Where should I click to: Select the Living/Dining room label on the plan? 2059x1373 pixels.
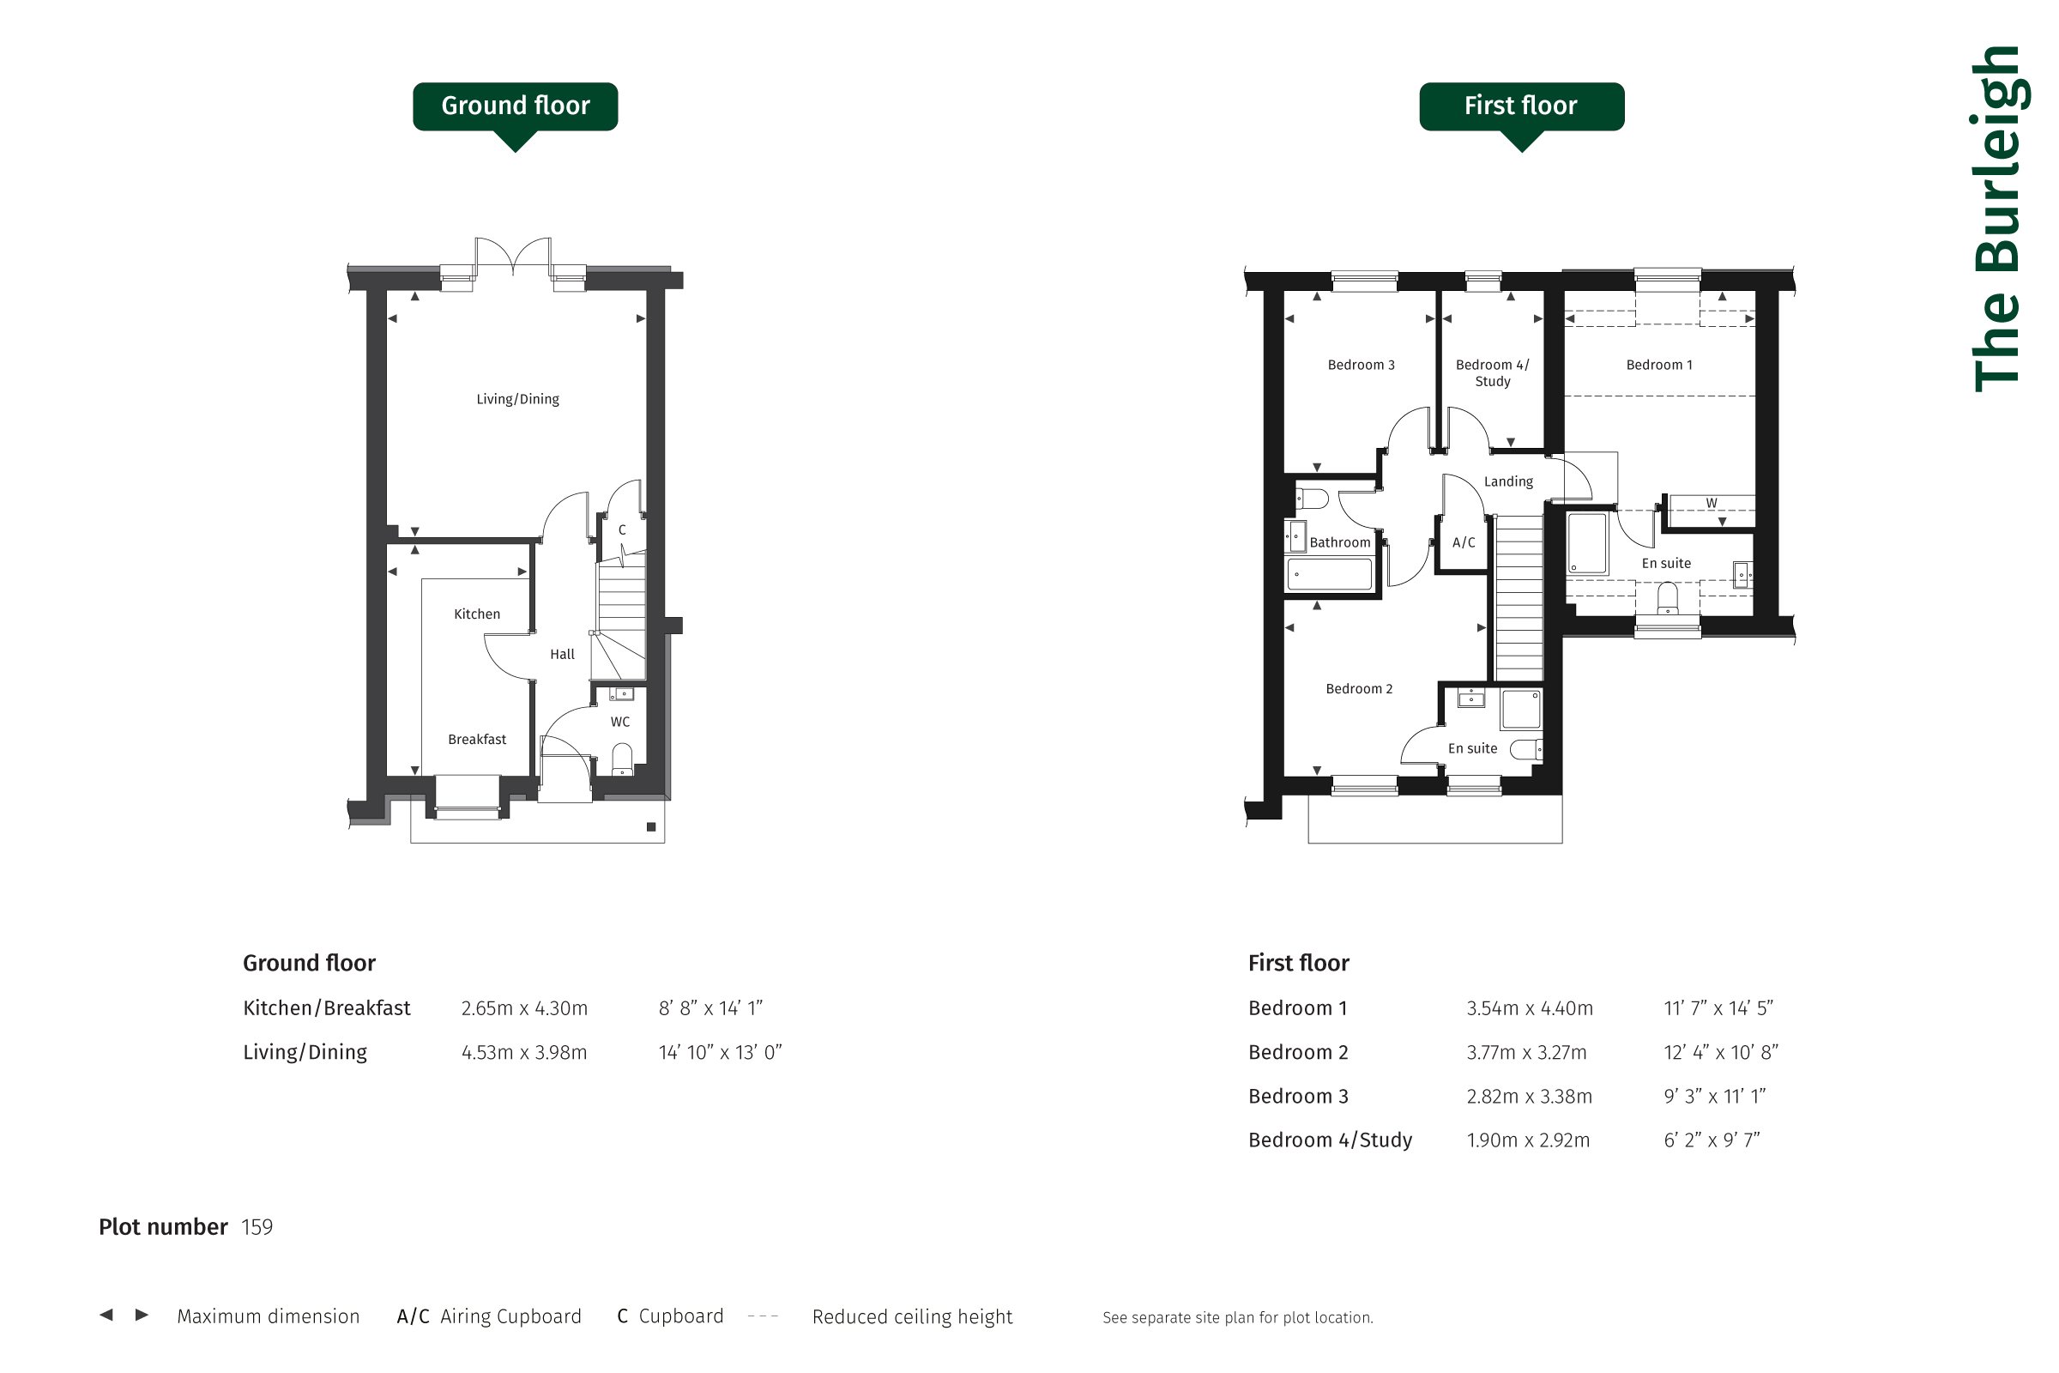pos(517,399)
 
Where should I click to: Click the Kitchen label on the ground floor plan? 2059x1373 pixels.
pos(477,614)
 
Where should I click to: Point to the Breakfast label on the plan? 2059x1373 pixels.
pos(477,739)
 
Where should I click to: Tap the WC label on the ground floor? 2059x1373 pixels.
pos(619,722)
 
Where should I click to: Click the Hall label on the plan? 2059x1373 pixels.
pos(562,654)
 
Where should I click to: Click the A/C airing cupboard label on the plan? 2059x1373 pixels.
pos(1464,542)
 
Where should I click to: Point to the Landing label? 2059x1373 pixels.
pos(1508,481)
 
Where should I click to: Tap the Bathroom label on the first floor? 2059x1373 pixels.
pos(1340,542)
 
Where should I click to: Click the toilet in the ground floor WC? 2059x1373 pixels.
pos(621,759)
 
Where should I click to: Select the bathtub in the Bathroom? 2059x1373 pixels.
pos(1329,574)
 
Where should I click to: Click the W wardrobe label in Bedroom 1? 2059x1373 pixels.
pos(1712,503)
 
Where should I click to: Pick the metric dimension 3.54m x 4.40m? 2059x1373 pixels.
pos(1530,1007)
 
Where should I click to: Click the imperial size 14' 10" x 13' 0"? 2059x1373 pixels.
pos(720,1052)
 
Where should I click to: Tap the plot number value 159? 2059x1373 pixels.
pos(257,1227)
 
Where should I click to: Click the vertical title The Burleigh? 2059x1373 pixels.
pos(1998,219)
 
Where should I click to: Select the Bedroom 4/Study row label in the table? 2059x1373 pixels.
pos(1330,1140)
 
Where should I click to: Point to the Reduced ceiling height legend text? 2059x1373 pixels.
pos(912,1317)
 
